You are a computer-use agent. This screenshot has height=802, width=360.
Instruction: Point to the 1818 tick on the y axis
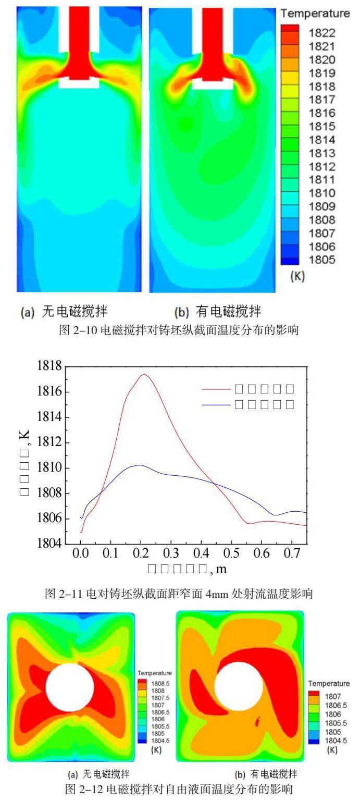pos(49,366)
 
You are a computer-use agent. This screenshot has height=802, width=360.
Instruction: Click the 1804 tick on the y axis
pos(49,545)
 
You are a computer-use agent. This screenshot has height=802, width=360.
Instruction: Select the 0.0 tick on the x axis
pos(81,554)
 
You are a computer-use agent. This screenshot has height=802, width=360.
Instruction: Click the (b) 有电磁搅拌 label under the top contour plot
pos(218,312)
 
